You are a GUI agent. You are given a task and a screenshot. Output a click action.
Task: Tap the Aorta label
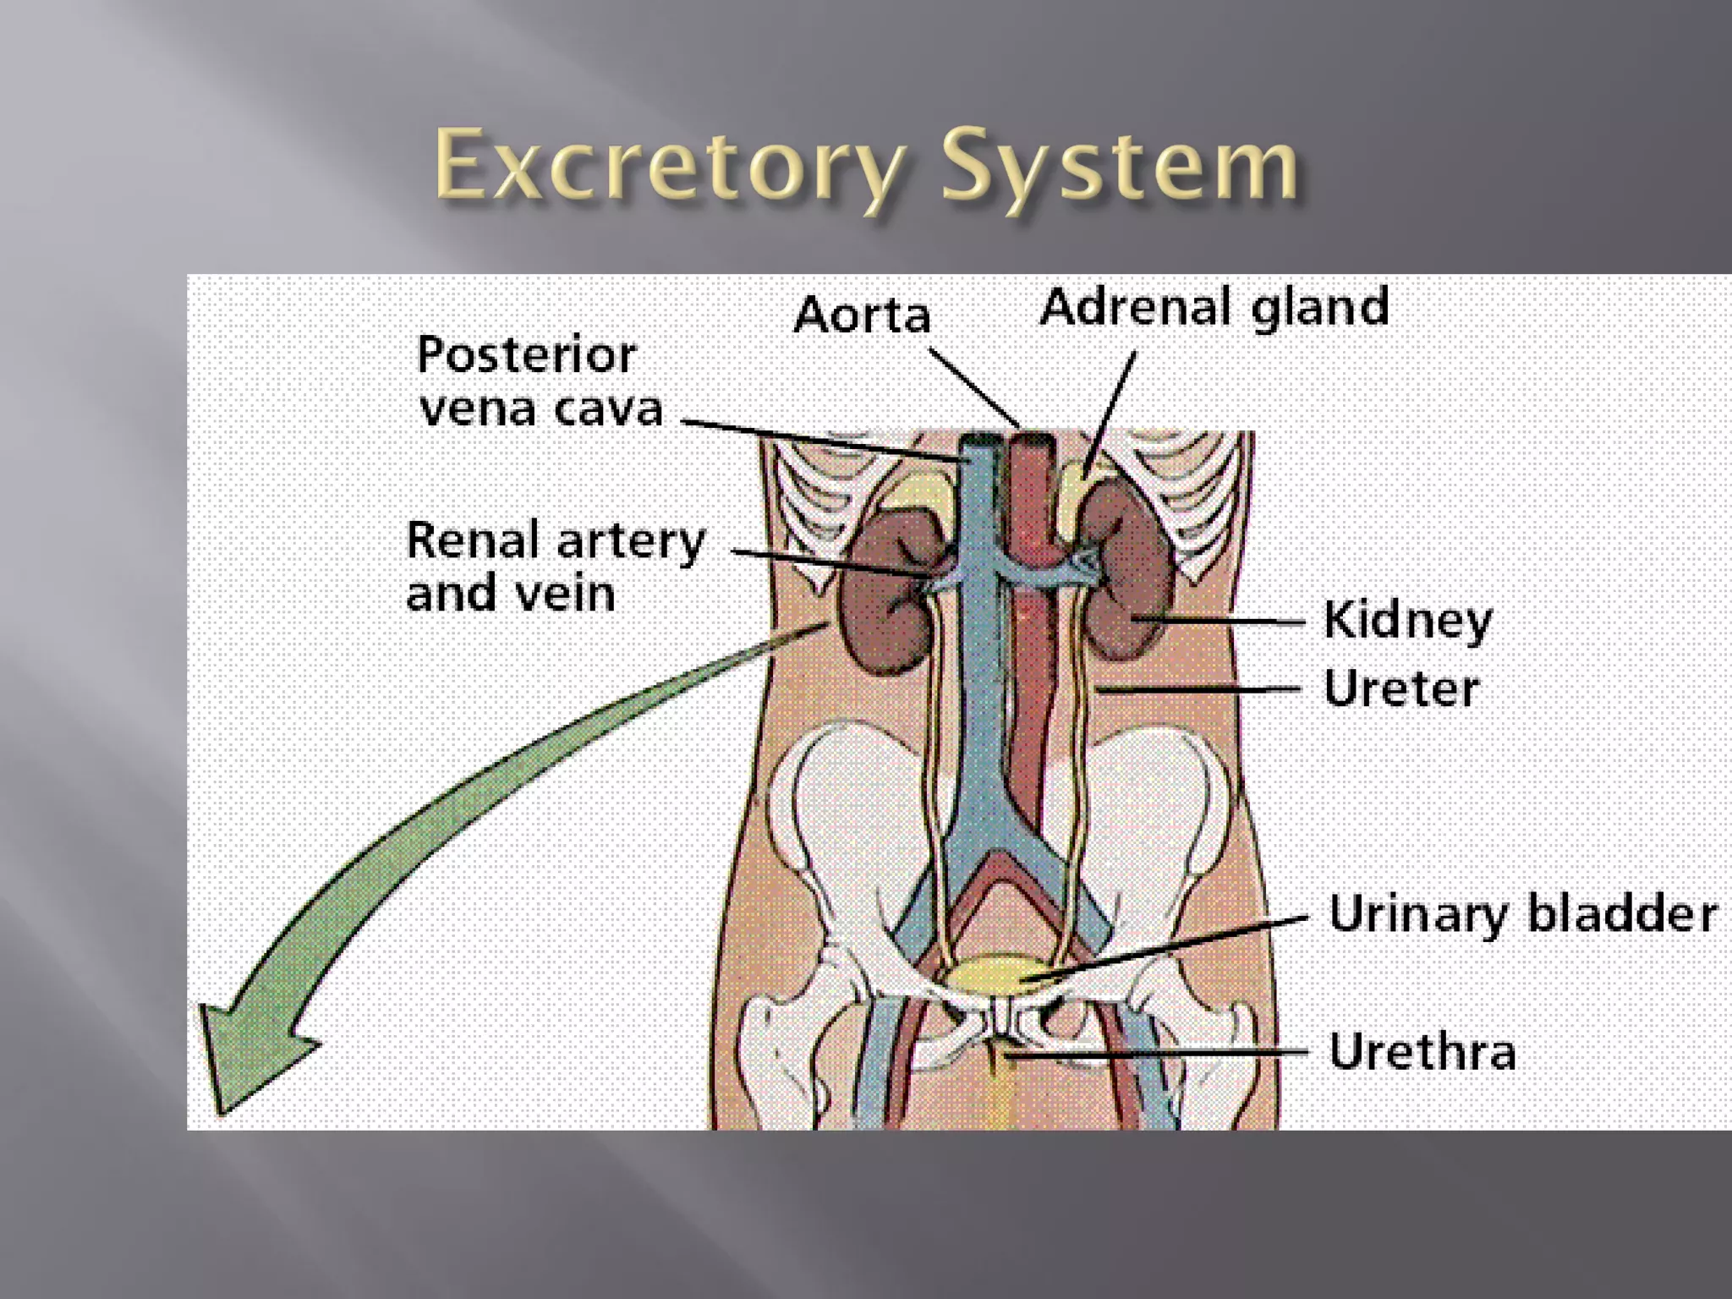tap(862, 315)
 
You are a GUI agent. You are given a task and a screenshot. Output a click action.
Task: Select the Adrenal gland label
tap(1214, 306)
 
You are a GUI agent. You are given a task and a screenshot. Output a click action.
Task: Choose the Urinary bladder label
tap(1523, 914)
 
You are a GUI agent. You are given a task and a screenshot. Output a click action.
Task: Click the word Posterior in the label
tap(526, 355)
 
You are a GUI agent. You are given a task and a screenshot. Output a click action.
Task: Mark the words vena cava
tap(541, 408)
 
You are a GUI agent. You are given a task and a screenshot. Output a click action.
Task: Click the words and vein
tap(510, 593)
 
